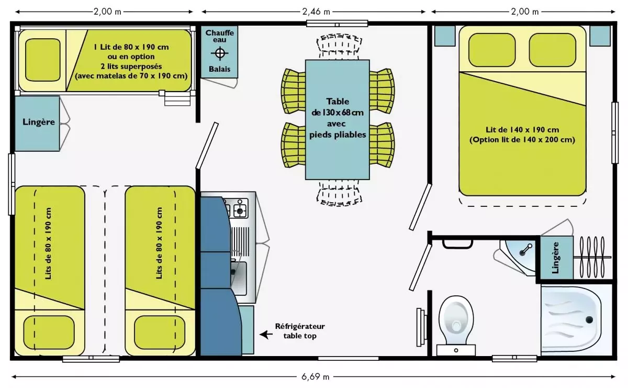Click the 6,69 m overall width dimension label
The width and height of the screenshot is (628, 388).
(315, 377)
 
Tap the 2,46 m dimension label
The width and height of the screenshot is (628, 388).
(316, 12)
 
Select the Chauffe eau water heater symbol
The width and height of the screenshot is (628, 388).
(219, 53)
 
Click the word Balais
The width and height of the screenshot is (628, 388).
(219, 69)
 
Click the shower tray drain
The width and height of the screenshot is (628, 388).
(589, 319)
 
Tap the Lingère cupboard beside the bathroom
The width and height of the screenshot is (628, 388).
(556, 258)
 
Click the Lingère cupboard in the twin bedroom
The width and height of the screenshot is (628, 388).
(37, 124)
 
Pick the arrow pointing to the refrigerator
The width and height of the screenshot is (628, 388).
(266, 335)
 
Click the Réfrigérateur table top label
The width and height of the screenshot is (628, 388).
(300, 331)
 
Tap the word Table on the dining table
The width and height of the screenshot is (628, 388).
(338, 101)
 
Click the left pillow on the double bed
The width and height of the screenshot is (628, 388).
(492, 50)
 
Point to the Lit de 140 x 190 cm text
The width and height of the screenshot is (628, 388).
(522, 130)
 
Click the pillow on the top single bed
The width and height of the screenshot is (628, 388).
(42, 60)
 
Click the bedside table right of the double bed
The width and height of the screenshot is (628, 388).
(600, 36)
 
